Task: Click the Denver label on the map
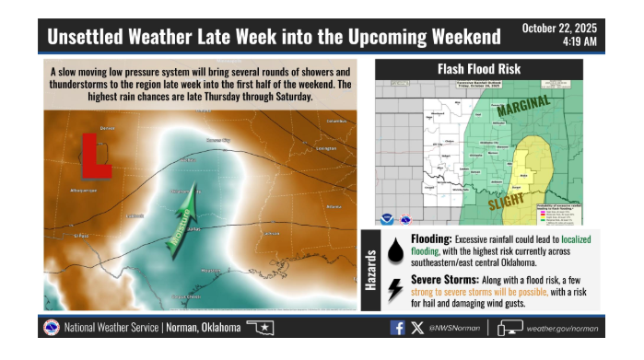pos(107,129)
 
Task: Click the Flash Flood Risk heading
pos(478,69)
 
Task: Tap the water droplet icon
pos(395,250)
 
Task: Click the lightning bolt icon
pos(395,289)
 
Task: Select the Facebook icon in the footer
pos(397,328)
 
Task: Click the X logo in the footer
pos(416,328)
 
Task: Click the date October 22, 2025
pos(559,28)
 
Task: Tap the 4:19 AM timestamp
pos(578,42)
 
